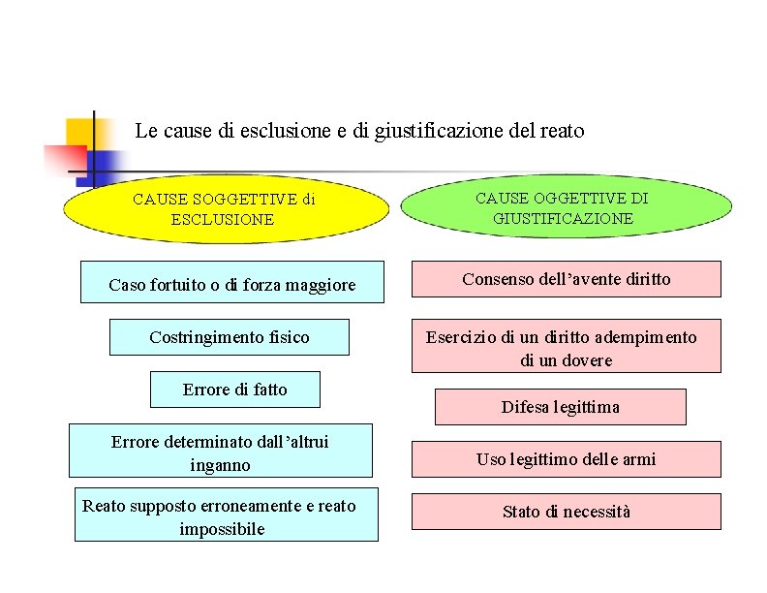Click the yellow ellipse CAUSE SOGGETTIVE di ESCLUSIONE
(224, 210)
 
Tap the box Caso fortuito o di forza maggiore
(231, 283)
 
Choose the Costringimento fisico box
(229, 337)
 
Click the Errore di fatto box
(235, 390)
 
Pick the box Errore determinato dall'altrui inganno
(221, 452)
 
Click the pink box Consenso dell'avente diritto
(566, 279)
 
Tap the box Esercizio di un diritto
(566, 347)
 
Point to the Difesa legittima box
(560, 407)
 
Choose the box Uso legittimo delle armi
(566, 459)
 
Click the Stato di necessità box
(566, 512)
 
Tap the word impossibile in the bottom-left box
(222, 529)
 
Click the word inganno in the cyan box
(221, 465)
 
